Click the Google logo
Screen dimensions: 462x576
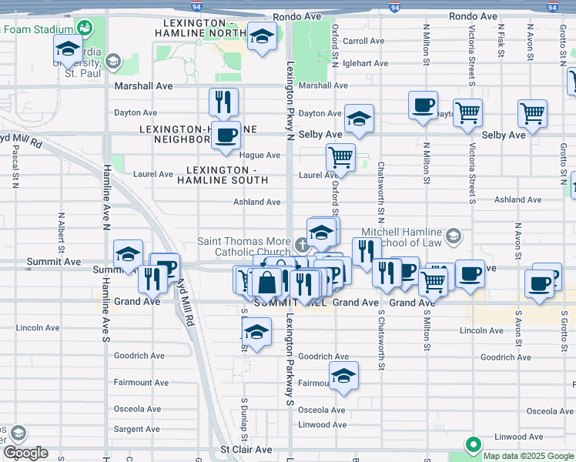[x=25, y=453]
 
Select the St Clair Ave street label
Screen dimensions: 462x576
[x=246, y=449]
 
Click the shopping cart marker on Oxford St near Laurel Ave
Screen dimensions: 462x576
[x=340, y=158]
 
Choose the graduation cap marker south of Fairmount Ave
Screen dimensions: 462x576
[x=343, y=377]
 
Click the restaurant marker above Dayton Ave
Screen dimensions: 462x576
[x=223, y=102]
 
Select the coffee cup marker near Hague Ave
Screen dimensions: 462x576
[x=226, y=136]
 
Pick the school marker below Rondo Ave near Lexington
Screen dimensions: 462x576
[x=262, y=37]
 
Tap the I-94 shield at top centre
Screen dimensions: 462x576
[x=394, y=7]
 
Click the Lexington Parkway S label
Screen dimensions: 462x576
[x=290, y=358]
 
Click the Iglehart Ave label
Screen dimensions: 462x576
[x=366, y=63]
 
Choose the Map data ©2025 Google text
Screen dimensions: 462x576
[x=528, y=456]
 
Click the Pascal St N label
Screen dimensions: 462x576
[x=15, y=166]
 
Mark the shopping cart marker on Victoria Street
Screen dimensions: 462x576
[x=468, y=113]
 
